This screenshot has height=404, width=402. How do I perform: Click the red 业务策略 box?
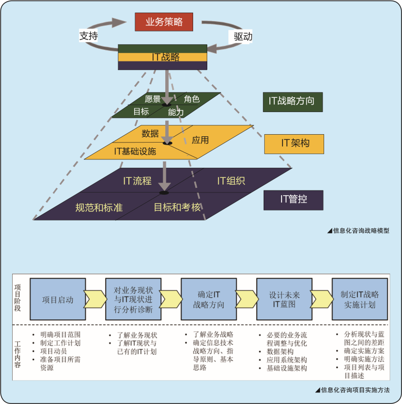click(164, 22)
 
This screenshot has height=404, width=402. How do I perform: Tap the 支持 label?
click(88, 36)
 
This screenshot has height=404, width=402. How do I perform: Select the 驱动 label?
click(243, 36)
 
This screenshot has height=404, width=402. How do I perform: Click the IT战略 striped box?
click(162, 57)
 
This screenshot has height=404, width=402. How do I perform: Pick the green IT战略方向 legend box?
click(292, 101)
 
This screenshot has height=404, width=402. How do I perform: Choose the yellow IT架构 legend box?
click(294, 143)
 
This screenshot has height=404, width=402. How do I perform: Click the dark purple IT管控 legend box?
click(293, 199)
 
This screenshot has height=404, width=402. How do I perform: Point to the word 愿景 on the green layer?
click(153, 99)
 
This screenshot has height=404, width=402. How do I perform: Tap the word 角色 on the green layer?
click(192, 99)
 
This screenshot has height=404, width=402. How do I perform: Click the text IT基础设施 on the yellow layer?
click(135, 151)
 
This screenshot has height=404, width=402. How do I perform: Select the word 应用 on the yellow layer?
click(200, 140)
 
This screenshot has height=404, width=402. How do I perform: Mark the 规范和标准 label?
click(99, 208)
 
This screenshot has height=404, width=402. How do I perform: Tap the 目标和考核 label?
click(177, 207)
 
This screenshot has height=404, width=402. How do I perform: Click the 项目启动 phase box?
click(58, 300)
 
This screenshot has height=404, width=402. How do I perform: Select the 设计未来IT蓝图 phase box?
click(284, 299)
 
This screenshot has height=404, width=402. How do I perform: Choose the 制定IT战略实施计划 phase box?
click(359, 299)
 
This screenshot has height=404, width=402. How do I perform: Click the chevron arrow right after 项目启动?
click(95, 299)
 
